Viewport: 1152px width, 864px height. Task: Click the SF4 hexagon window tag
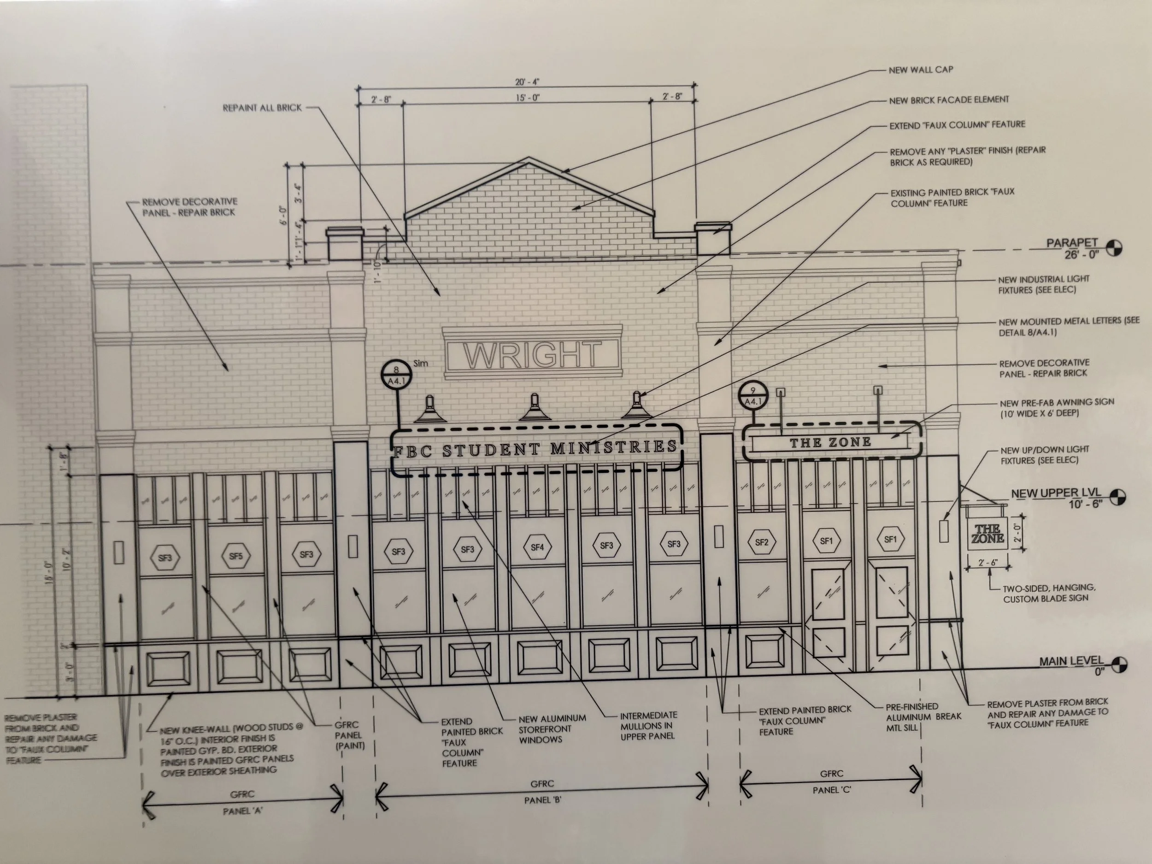[x=537, y=547]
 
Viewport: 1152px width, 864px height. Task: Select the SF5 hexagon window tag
[x=236, y=556]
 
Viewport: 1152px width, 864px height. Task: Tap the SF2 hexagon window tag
[x=761, y=543]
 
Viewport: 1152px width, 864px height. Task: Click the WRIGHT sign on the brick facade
[x=532, y=354]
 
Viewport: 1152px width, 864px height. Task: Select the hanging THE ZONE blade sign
[x=987, y=534]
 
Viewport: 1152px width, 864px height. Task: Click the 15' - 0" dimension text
[x=528, y=98]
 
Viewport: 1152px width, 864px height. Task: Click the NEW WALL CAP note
[x=921, y=70]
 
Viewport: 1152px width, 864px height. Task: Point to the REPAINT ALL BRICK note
[x=262, y=108]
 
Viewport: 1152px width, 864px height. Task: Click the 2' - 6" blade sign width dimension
[x=988, y=563]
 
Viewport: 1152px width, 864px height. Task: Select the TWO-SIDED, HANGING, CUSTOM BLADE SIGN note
[x=1048, y=593]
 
